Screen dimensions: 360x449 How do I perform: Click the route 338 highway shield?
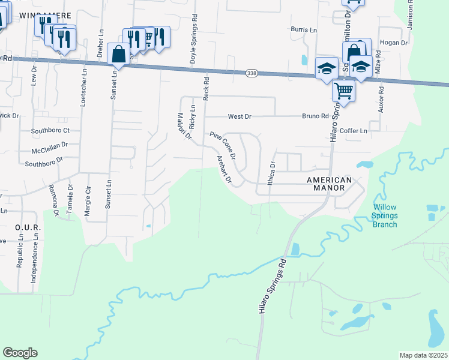(x=252, y=73)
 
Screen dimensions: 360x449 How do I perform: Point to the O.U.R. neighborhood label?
(x=27, y=227)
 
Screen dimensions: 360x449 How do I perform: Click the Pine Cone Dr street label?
(x=223, y=145)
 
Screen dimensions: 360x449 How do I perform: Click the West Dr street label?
(x=238, y=116)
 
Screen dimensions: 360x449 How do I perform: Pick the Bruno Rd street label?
(x=315, y=116)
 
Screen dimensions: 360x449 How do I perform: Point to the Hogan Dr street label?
(x=394, y=43)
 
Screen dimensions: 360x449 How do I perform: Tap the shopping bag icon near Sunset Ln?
(x=118, y=54)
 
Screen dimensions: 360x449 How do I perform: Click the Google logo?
(x=20, y=352)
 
